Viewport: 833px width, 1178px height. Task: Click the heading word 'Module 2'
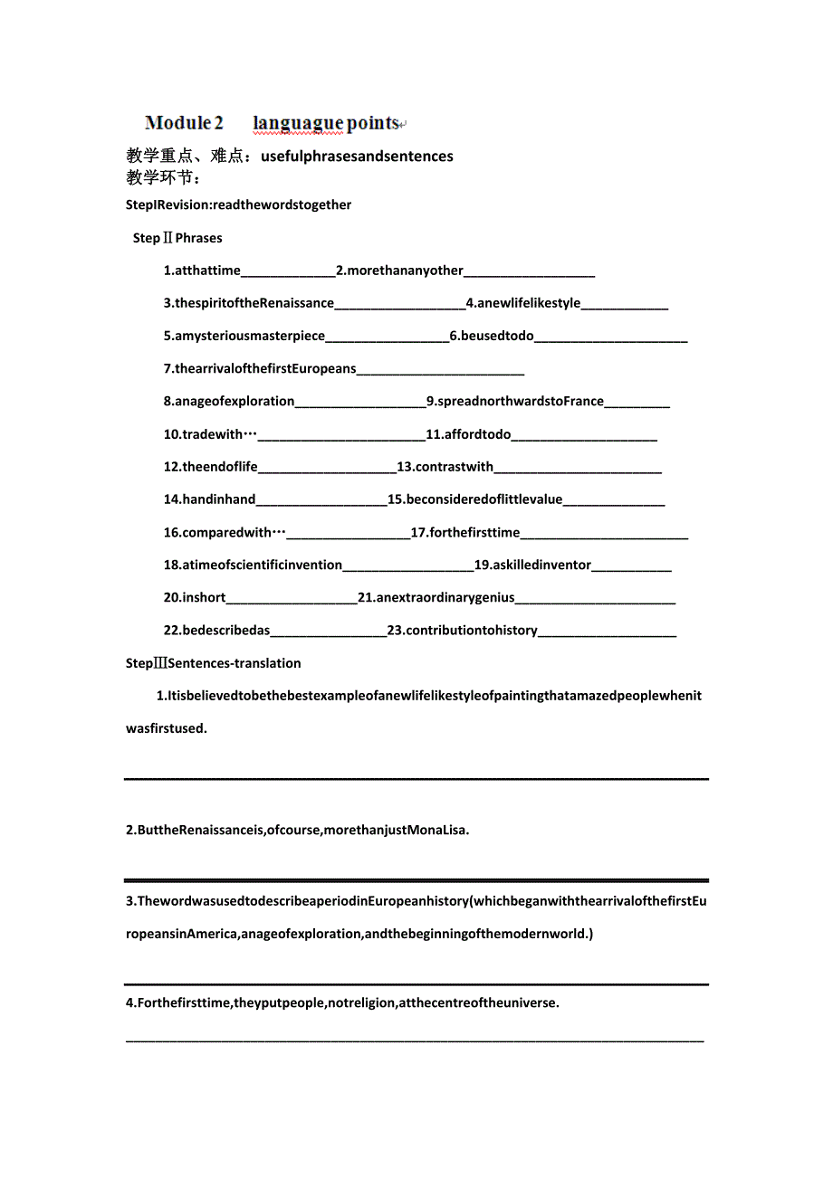[184, 123]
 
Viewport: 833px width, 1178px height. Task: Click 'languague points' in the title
[326, 123]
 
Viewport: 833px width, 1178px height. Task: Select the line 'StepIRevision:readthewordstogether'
[239, 204]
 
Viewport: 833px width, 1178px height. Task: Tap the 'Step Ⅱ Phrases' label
[177, 238]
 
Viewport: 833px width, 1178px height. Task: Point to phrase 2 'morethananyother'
[399, 271]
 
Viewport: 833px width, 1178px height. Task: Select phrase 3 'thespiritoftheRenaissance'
[249, 303]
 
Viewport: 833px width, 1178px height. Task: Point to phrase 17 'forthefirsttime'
[465, 532]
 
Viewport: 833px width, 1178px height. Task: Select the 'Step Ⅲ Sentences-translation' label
[214, 663]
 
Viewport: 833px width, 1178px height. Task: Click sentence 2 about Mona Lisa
[298, 830]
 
